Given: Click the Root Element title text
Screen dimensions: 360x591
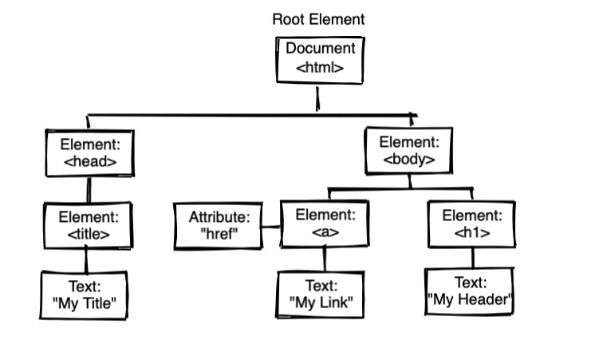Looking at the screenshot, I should point(318,19).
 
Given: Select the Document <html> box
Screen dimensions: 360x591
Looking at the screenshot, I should point(319,60).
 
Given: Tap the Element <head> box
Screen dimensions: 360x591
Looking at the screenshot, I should point(89,153).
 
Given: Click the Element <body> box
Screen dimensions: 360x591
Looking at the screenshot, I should point(409,150).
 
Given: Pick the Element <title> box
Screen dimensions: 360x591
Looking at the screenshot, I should point(89,224).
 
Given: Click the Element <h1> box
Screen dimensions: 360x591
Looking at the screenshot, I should point(471,224).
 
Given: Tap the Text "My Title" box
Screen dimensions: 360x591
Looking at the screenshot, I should point(85,295).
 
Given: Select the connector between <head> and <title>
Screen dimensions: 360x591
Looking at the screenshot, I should point(89,189).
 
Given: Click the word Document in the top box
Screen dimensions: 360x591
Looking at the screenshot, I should point(319,49).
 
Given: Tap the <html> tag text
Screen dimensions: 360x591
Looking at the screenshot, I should point(319,69).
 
